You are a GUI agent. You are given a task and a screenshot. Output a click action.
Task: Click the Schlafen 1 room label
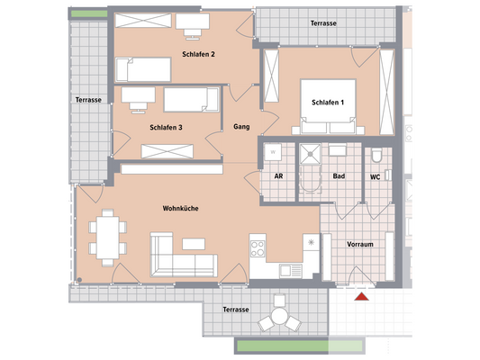coord(330,103)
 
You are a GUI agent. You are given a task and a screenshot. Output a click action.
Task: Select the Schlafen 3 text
coord(167,128)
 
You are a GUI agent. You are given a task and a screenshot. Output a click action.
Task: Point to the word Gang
coord(241,127)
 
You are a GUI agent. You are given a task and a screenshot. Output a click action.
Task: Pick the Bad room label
coord(338,176)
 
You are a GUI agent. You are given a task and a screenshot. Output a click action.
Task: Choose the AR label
coord(278,176)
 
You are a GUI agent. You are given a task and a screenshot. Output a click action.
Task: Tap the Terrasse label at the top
coord(325,22)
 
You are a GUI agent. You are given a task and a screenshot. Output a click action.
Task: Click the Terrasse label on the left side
coord(88,100)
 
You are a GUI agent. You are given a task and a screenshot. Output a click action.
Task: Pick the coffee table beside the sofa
coord(195,244)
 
